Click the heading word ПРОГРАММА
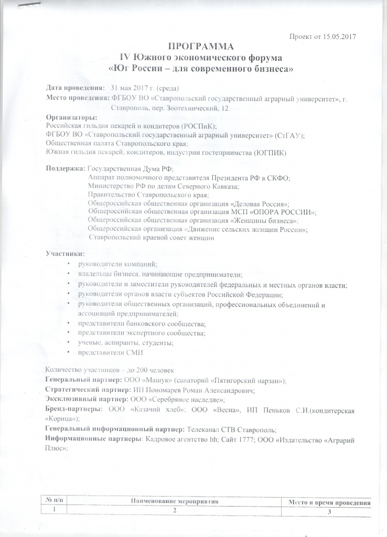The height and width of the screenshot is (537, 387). coord(202,46)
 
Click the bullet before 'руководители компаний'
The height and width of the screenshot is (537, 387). coord(69,264)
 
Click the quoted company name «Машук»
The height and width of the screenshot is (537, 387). coord(157,380)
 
